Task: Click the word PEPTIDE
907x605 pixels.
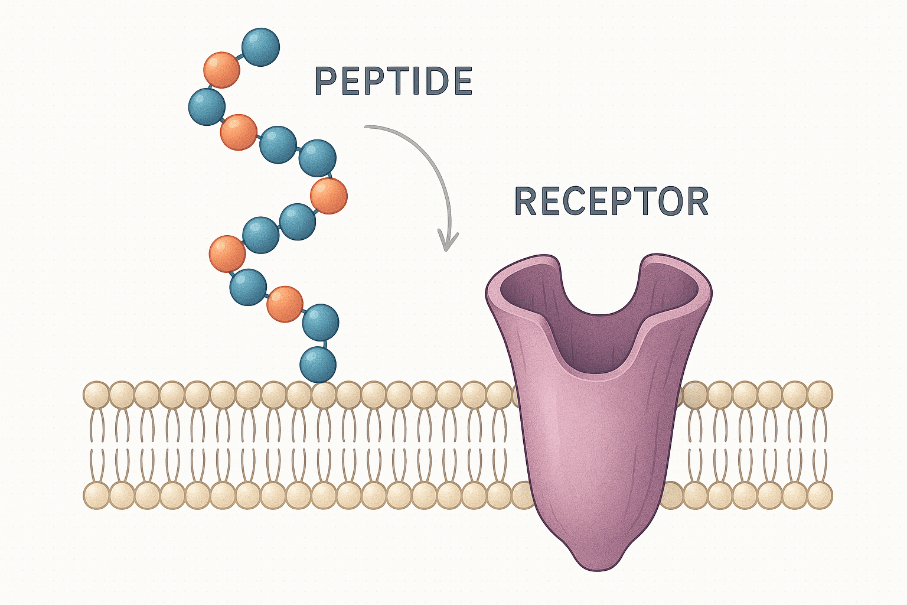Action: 393,81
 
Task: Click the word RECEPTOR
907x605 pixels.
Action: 611,201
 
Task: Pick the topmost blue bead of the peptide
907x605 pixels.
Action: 260,47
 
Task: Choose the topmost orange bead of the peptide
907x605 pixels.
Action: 222,70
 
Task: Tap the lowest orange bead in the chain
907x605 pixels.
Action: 285,304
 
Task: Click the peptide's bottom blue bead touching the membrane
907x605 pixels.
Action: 318,365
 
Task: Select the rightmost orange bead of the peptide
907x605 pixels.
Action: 329,196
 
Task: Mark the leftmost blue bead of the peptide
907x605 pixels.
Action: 207,107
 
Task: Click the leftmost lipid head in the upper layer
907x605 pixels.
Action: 96,394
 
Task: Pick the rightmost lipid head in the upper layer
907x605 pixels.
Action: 820,394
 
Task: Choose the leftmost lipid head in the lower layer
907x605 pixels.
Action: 96,495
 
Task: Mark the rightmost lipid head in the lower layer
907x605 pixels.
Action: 820,495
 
